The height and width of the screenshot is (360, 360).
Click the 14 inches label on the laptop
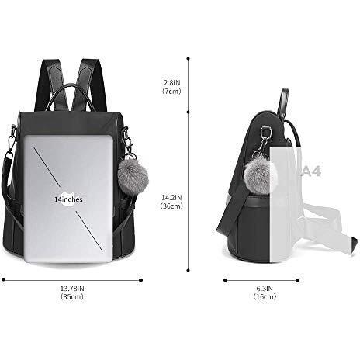68,199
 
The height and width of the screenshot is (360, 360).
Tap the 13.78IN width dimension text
71,289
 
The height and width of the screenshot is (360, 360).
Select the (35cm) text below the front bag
71,298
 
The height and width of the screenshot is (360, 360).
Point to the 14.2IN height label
171,198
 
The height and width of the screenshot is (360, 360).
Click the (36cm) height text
171,206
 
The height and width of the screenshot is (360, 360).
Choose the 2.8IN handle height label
171,81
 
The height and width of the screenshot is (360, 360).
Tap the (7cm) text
171,90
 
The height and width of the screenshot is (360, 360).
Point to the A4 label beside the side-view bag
311,171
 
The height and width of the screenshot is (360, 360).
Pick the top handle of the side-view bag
283,101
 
